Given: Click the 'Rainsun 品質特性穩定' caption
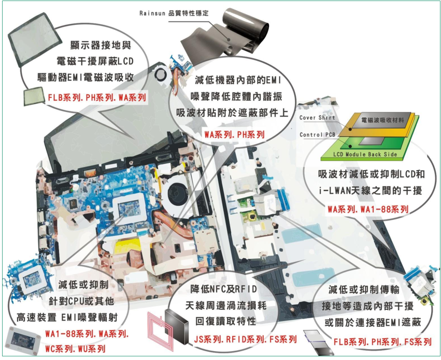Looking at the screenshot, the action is coord(174,13).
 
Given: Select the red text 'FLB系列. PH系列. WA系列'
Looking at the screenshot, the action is coord(97,98).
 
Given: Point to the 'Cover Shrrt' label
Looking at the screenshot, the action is coord(317,118).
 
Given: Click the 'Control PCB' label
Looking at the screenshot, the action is coord(318,135).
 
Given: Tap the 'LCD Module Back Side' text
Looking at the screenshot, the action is coord(365,154).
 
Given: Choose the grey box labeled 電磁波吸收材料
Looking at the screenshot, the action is coord(382,120).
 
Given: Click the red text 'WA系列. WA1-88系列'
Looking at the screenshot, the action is coord(368,209).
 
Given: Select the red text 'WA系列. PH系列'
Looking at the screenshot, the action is coord(235,134).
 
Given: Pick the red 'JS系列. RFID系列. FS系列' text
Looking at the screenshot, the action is coord(245,339).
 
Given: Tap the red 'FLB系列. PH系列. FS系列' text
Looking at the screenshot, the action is coord(382,342).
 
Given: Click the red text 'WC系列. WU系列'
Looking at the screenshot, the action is coord(75,349).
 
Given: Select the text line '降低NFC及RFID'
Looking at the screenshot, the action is coord(223,289).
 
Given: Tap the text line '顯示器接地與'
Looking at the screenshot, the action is coord(101,45).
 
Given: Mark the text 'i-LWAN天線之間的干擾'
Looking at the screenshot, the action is coord(371,190).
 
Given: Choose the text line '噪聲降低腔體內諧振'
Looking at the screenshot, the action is coord(236,96).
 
